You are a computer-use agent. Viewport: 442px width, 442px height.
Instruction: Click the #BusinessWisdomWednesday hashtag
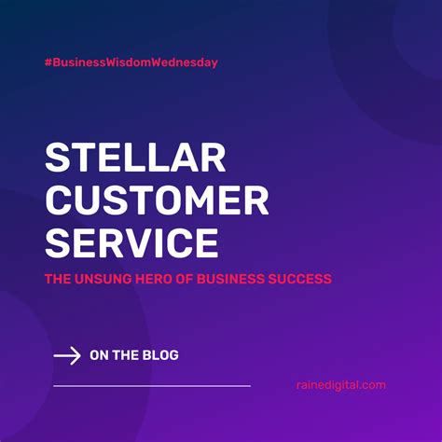131,62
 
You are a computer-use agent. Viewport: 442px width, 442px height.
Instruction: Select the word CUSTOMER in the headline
157,201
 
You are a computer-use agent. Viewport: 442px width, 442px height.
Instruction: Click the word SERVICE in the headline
131,242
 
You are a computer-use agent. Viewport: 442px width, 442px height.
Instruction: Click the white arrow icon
66,355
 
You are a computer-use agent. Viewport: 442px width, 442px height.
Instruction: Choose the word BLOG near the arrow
160,355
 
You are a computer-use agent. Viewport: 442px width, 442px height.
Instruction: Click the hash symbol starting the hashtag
48,62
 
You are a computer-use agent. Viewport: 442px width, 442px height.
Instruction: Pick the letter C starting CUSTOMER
59,201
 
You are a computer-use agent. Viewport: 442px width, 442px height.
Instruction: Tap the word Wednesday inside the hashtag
186,62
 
